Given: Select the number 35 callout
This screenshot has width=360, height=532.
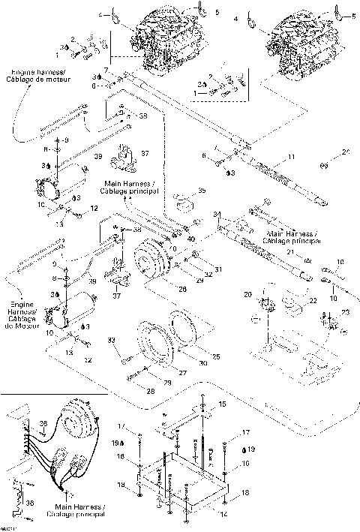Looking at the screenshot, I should pyautogui.click(x=201, y=191).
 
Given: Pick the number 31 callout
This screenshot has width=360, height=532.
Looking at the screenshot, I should pyautogui.click(x=219, y=269).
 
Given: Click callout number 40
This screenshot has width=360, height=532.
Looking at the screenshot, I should pyautogui.click(x=191, y=239).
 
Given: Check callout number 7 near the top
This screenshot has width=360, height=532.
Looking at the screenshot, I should pyautogui.click(x=107, y=70).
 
